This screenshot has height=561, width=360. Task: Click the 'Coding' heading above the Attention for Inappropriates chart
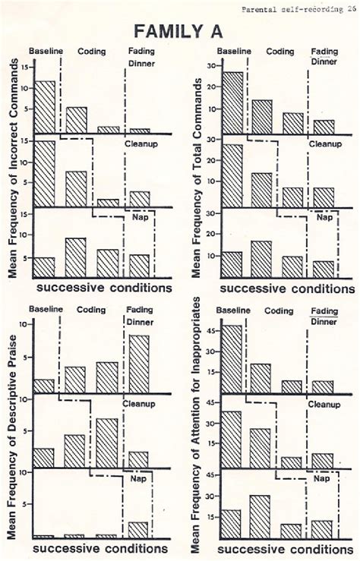coord(280,310)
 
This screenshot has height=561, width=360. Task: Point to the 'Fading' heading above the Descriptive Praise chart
coord(140,310)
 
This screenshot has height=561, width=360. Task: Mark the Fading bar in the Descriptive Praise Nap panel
coord(139,530)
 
